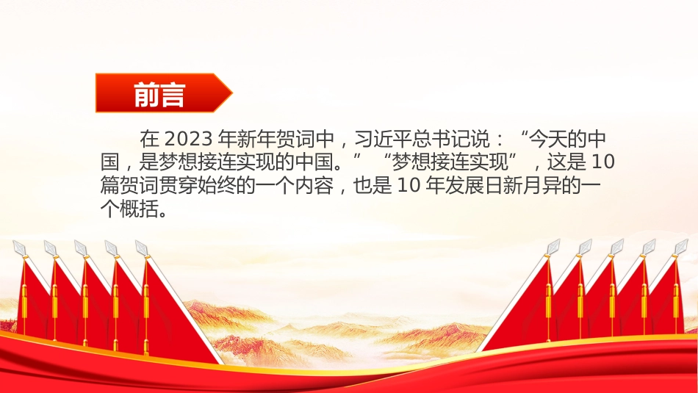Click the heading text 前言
coord(159,94)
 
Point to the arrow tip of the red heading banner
coord(233,93)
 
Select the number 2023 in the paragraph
coord(188,140)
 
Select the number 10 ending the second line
coord(603,162)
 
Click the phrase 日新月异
coord(522,185)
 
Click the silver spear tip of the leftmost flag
coord(19,248)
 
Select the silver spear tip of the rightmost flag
coord(681,248)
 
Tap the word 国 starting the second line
coord(110,162)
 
